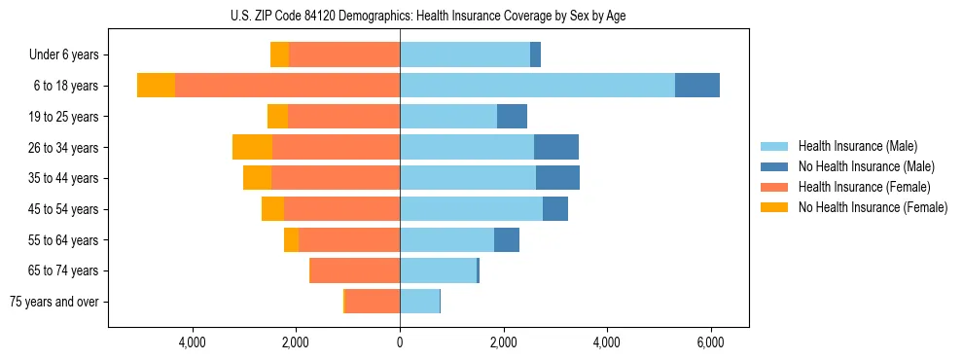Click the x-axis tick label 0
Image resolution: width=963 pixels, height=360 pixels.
(x=400, y=342)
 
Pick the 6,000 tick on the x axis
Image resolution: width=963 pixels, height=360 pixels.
(x=710, y=342)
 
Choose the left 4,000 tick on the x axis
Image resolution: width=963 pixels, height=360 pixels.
(x=193, y=342)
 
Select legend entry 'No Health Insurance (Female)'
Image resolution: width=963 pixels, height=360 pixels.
(x=873, y=207)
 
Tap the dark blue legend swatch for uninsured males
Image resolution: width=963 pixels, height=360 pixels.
(x=775, y=166)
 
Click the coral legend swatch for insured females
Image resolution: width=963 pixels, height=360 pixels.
(x=775, y=187)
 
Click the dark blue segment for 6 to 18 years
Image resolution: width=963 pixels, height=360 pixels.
(x=697, y=86)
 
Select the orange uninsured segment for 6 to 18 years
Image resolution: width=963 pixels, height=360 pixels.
(x=156, y=86)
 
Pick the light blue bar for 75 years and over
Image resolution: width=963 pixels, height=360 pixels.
(x=419, y=302)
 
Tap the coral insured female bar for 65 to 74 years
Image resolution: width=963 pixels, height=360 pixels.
(x=354, y=270)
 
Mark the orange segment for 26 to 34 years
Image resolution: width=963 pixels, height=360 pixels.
(x=252, y=148)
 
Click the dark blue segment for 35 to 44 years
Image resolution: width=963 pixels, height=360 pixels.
(x=557, y=178)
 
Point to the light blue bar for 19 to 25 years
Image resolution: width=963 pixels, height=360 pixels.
(x=448, y=117)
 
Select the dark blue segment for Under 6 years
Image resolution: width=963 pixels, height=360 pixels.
(x=535, y=55)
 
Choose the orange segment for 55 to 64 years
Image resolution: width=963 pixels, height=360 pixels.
(x=291, y=239)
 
